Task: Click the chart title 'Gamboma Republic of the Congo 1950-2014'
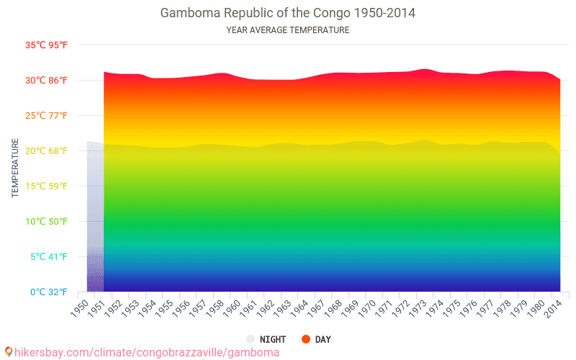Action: pos(287,13)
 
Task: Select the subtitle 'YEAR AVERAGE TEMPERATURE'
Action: pos(287,30)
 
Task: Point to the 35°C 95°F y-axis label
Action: pos(46,45)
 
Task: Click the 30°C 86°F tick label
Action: pos(46,81)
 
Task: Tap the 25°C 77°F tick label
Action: pos(46,116)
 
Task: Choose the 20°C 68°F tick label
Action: pos(46,151)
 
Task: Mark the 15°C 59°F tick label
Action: pos(46,186)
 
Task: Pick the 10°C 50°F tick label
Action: pos(46,222)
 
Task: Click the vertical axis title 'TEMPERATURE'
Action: pos(15,168)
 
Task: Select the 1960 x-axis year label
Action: pos(232,307)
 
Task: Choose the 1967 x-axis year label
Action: pos(317,307)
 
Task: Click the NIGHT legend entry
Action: pos(267,339)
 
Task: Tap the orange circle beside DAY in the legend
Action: pos(305,339)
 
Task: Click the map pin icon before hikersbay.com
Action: pos(8,352)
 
